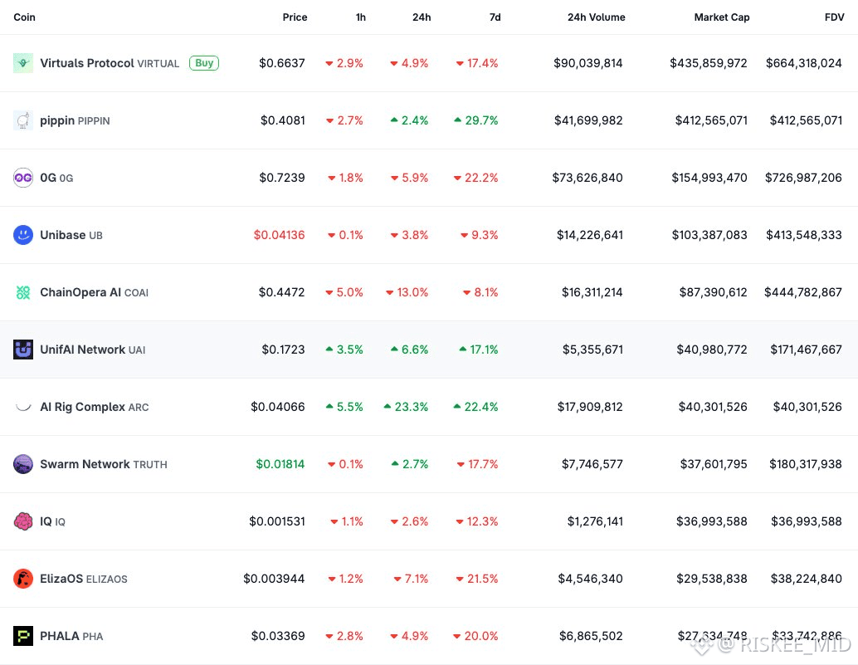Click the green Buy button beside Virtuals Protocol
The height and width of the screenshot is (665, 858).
pyautogui.click(x=204, y=62)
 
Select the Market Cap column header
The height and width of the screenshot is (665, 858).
pyautogui.click(x=721, y=17)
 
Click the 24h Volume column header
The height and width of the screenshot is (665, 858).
pyautogui.click(x=596, y=17)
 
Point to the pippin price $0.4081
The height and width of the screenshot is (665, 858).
pyautogui.click(x=282, y=120)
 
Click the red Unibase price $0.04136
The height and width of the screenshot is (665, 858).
pyautogui.click(x=279, y=235)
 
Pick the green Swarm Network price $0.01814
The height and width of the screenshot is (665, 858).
pyautogui.click(x=280, y=464)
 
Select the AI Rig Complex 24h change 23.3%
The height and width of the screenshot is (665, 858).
pyautogui.click(x=406, y=407)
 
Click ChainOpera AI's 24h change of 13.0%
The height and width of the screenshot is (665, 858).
pyautogui.click(x=407, y=292)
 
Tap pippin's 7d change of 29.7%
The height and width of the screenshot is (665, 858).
pyautogui.click(x=476, y=120)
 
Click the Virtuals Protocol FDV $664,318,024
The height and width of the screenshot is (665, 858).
pyautogui.click(x=803, y=63)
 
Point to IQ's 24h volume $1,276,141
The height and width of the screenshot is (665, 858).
pyautogui.click(x=589, y=521)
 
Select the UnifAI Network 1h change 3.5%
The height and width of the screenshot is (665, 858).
pyautogui.click(x=344, y=350)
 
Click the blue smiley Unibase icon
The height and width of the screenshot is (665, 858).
pyautogui.click(x=23, y=235)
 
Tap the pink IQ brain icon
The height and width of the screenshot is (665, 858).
pyautogui.click(x=23, y=521)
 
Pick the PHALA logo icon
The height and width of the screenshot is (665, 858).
pyautogui.click(x=23, y=636)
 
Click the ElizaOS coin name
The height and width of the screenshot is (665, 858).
pyautogui.click(x=61, y=579)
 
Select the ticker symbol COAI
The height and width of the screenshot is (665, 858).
pyautogui.click(x=136, y=293)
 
